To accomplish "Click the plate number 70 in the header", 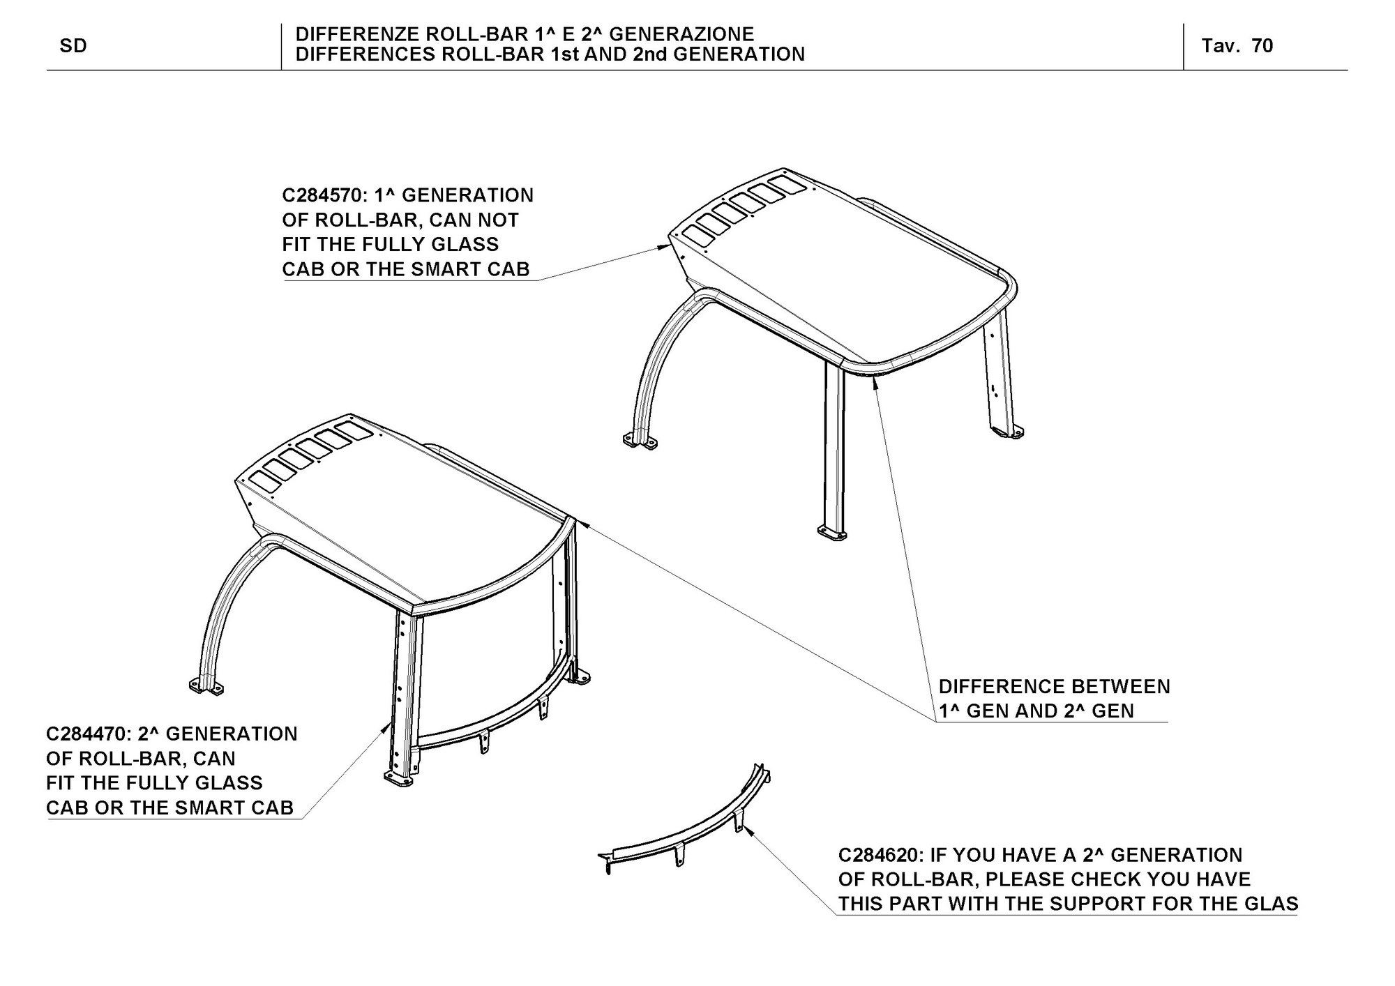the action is click(1262, 46).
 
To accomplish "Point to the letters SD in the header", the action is click(73, 46).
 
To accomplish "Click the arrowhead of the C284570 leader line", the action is click(665, 246).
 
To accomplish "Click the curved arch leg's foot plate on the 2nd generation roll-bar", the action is click(207, 687).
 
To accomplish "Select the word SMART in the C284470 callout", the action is click(206, 807).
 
